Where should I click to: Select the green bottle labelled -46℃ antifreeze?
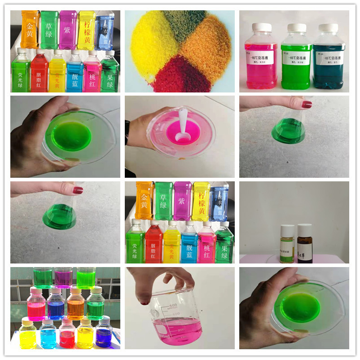tap(296, 58)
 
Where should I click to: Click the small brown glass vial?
tap(305, 245)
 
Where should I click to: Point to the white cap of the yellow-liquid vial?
tap(287, 228)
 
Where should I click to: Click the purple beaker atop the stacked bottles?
tap(63, 277)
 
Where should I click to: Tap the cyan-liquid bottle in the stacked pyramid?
tap(48, 334)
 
